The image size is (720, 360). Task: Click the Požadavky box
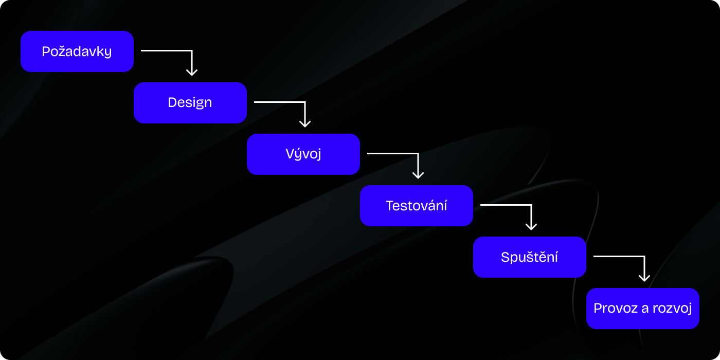(77, 51)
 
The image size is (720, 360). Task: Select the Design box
(190, 103)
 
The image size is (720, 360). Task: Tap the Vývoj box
(303, 154)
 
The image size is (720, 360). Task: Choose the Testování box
(417, 206)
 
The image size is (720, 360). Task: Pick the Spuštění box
(530, 257)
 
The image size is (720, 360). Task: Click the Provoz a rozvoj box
(643, 309)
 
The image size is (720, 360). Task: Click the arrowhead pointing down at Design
(192, 73)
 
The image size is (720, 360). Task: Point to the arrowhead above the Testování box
(418, 175)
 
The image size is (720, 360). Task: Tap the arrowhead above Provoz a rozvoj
(644, 278)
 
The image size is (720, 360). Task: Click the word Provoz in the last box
(616, 308)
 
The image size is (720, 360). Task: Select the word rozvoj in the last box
(672, 309)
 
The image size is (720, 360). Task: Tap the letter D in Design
(173, 102)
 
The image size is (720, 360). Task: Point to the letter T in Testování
(390, 206)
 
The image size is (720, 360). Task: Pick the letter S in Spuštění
(506, 257)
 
